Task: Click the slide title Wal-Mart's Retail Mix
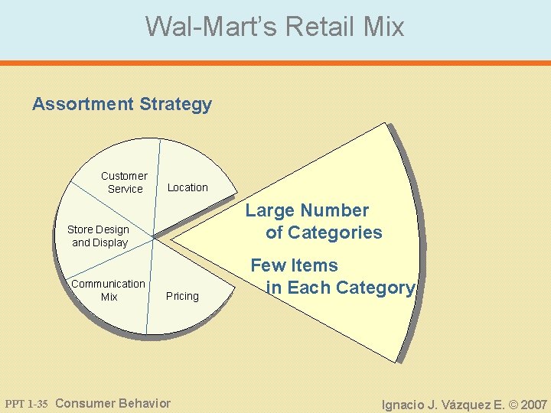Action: (x=275, y=27)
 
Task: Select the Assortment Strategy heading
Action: (x=122, y=104)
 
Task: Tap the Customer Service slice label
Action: (x=124, y=182)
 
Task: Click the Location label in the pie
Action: (x=187, y=187)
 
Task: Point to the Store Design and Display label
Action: (x=99, y=236)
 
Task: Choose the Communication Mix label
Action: (x=108, y=290)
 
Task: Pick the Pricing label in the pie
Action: (x=182, y=296)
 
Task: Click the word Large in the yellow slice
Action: (x=269, y=211)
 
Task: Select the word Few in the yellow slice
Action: (x=268, y=266)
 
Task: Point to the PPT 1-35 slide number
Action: (x=27, y=404)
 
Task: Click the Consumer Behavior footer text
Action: (x=113, y=403)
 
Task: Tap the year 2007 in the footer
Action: (x=533, y=404)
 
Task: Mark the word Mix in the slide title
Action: (x=384, y=27)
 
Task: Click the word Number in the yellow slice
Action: (x=334, y=211)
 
